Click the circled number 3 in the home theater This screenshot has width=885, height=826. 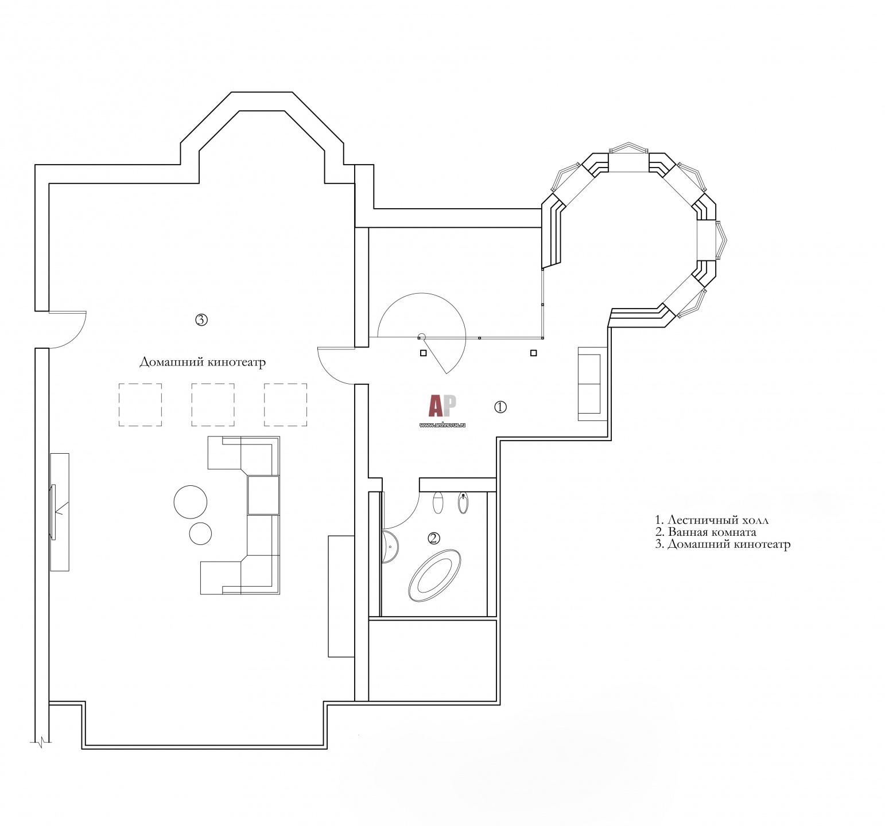click(x=201, y=320)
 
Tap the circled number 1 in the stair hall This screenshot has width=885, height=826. click(x=500, y=407)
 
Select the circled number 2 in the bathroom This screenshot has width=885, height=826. click(x=434, y=537)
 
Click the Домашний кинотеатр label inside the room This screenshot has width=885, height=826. click(x=203, y=363)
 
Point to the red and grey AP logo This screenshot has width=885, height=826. click(x=442, y=406)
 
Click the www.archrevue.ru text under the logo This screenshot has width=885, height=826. click(x=442, y=425)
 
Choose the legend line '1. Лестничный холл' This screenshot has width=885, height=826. click(x=712, y=520)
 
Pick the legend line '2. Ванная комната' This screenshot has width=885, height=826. click(x=705, y=532)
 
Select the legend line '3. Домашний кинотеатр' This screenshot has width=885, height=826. click(x=723, y=544)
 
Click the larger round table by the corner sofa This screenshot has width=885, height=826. click(x=191, y=501)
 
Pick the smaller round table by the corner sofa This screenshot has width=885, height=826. click(x=200, y=533)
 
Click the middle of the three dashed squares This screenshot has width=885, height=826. click(x=213, y=404)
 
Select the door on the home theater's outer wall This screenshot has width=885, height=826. click(x=68, y=330)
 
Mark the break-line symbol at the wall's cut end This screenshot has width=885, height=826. click(x=41, y=745)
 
